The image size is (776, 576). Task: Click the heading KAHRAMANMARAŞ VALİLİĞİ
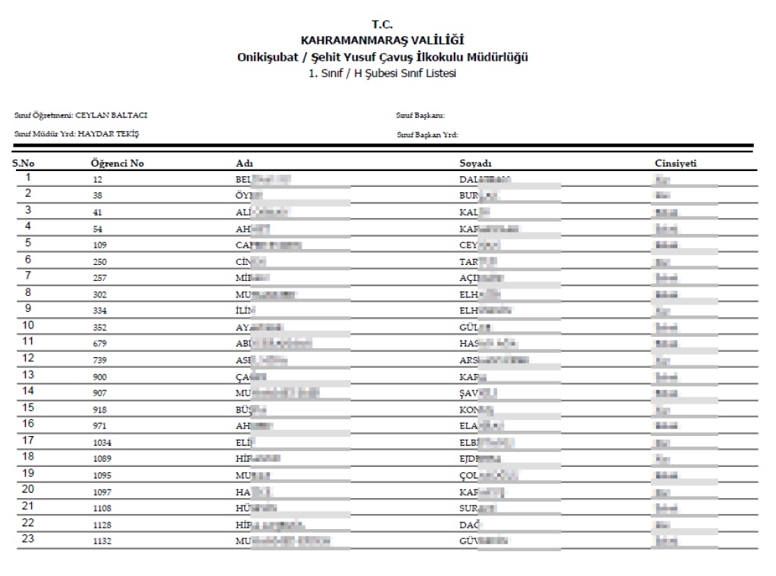(382, 40)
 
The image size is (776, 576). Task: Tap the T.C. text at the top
(382, 25)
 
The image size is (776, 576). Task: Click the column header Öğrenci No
(117, 163)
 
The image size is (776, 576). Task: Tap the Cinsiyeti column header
(676, 163)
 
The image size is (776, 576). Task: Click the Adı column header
(245, 163)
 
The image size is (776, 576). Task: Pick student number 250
(97, 262)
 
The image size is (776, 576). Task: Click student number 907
(97, 394)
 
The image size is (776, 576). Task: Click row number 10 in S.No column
(28, 325)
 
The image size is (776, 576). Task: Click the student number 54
(95, 229)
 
